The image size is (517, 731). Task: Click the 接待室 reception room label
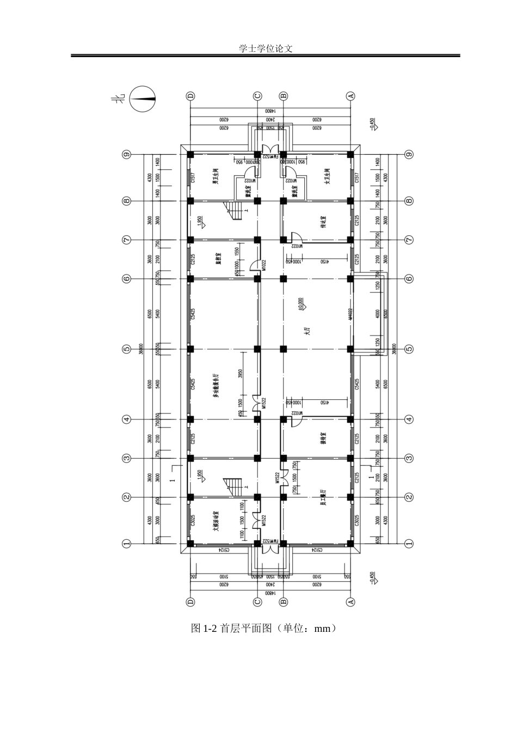323,439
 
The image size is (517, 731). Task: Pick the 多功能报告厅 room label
216,385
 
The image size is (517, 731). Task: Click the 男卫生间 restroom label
216,177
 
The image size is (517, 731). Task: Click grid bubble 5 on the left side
126,349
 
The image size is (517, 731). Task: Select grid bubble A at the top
350,96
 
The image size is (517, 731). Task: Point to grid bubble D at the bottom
190,602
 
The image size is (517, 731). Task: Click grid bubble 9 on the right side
409,154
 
